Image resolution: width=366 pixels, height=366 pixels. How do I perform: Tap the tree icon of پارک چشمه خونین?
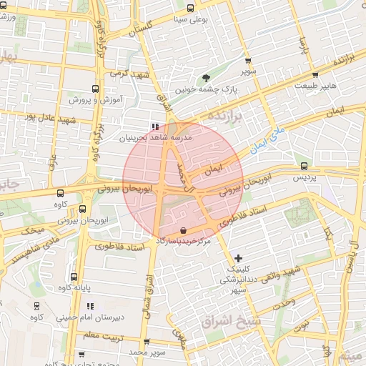tap(207, 78)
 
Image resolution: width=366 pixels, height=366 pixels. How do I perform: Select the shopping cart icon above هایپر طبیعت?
tap(315, 74)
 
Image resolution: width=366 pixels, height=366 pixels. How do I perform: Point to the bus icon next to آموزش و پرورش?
tap(93, 89)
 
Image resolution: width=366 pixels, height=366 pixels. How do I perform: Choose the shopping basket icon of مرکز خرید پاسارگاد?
tap(184, 230)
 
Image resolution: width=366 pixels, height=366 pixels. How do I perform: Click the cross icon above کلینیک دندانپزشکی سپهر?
tap(237, 257)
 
